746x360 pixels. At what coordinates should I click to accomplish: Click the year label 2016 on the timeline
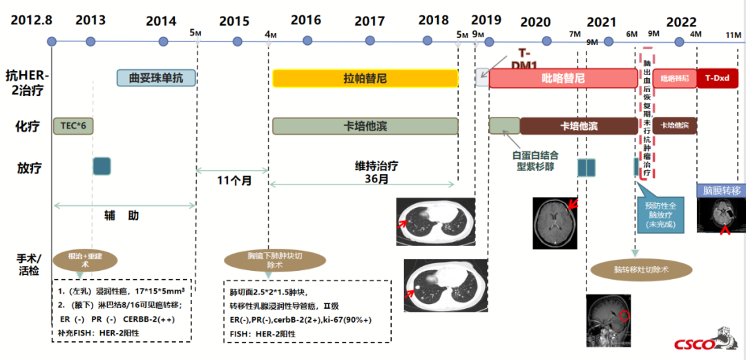(305, 20)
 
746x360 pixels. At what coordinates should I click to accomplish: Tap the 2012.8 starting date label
(31, 20)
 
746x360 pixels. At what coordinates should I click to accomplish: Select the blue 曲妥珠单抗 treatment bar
(156, 78)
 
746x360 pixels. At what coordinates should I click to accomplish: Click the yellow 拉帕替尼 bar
(365, 78)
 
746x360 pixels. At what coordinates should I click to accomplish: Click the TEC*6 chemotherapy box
(73, 126)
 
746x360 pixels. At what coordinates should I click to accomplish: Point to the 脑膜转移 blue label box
(721, 189)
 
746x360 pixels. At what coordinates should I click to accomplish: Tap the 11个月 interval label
(232, 182)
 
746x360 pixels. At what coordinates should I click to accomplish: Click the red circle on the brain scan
(624, 316)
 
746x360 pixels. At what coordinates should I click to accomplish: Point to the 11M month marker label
(733, 34)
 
